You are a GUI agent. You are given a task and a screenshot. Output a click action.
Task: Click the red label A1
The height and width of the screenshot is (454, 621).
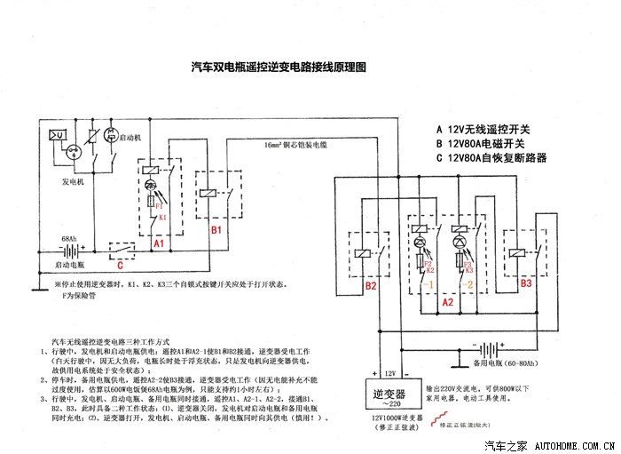click(x=158, y=243)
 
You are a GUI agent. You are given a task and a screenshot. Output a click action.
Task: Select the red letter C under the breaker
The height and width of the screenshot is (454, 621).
click(x=121, y=264)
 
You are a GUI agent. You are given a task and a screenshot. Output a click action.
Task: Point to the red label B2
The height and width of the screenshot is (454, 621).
click(x=372, y=286)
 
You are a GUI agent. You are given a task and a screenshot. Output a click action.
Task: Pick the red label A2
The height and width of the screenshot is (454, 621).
click(x=448, y=302)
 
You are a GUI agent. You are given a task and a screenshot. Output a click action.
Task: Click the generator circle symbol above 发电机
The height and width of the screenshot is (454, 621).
click(x=74, y=152)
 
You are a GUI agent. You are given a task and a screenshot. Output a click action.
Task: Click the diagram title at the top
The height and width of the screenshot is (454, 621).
click(x=279, y=67)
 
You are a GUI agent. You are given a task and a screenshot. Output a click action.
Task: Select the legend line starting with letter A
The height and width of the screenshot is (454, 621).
click(x=487, y=127)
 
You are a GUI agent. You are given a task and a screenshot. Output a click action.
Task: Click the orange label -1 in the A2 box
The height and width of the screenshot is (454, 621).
click(x=427, y=285)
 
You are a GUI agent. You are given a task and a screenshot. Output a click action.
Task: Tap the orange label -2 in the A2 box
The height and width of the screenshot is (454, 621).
click(x=468, y=285)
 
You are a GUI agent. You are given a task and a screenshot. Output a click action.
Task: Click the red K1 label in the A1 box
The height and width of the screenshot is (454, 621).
click(x=162, y=216)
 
